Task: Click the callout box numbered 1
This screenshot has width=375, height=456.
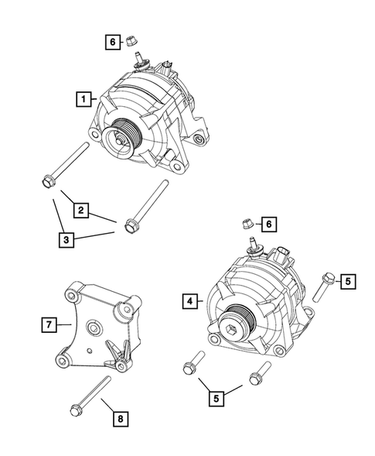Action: tap(81, 98)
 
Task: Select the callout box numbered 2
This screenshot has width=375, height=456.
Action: tap(80, 208)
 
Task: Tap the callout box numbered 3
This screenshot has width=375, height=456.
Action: tap(68, 239)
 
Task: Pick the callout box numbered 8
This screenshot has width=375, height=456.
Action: tap(120, 419)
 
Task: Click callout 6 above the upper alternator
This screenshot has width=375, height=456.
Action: tap(113, 42)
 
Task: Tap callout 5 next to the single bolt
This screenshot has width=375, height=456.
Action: tap(349, 281)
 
